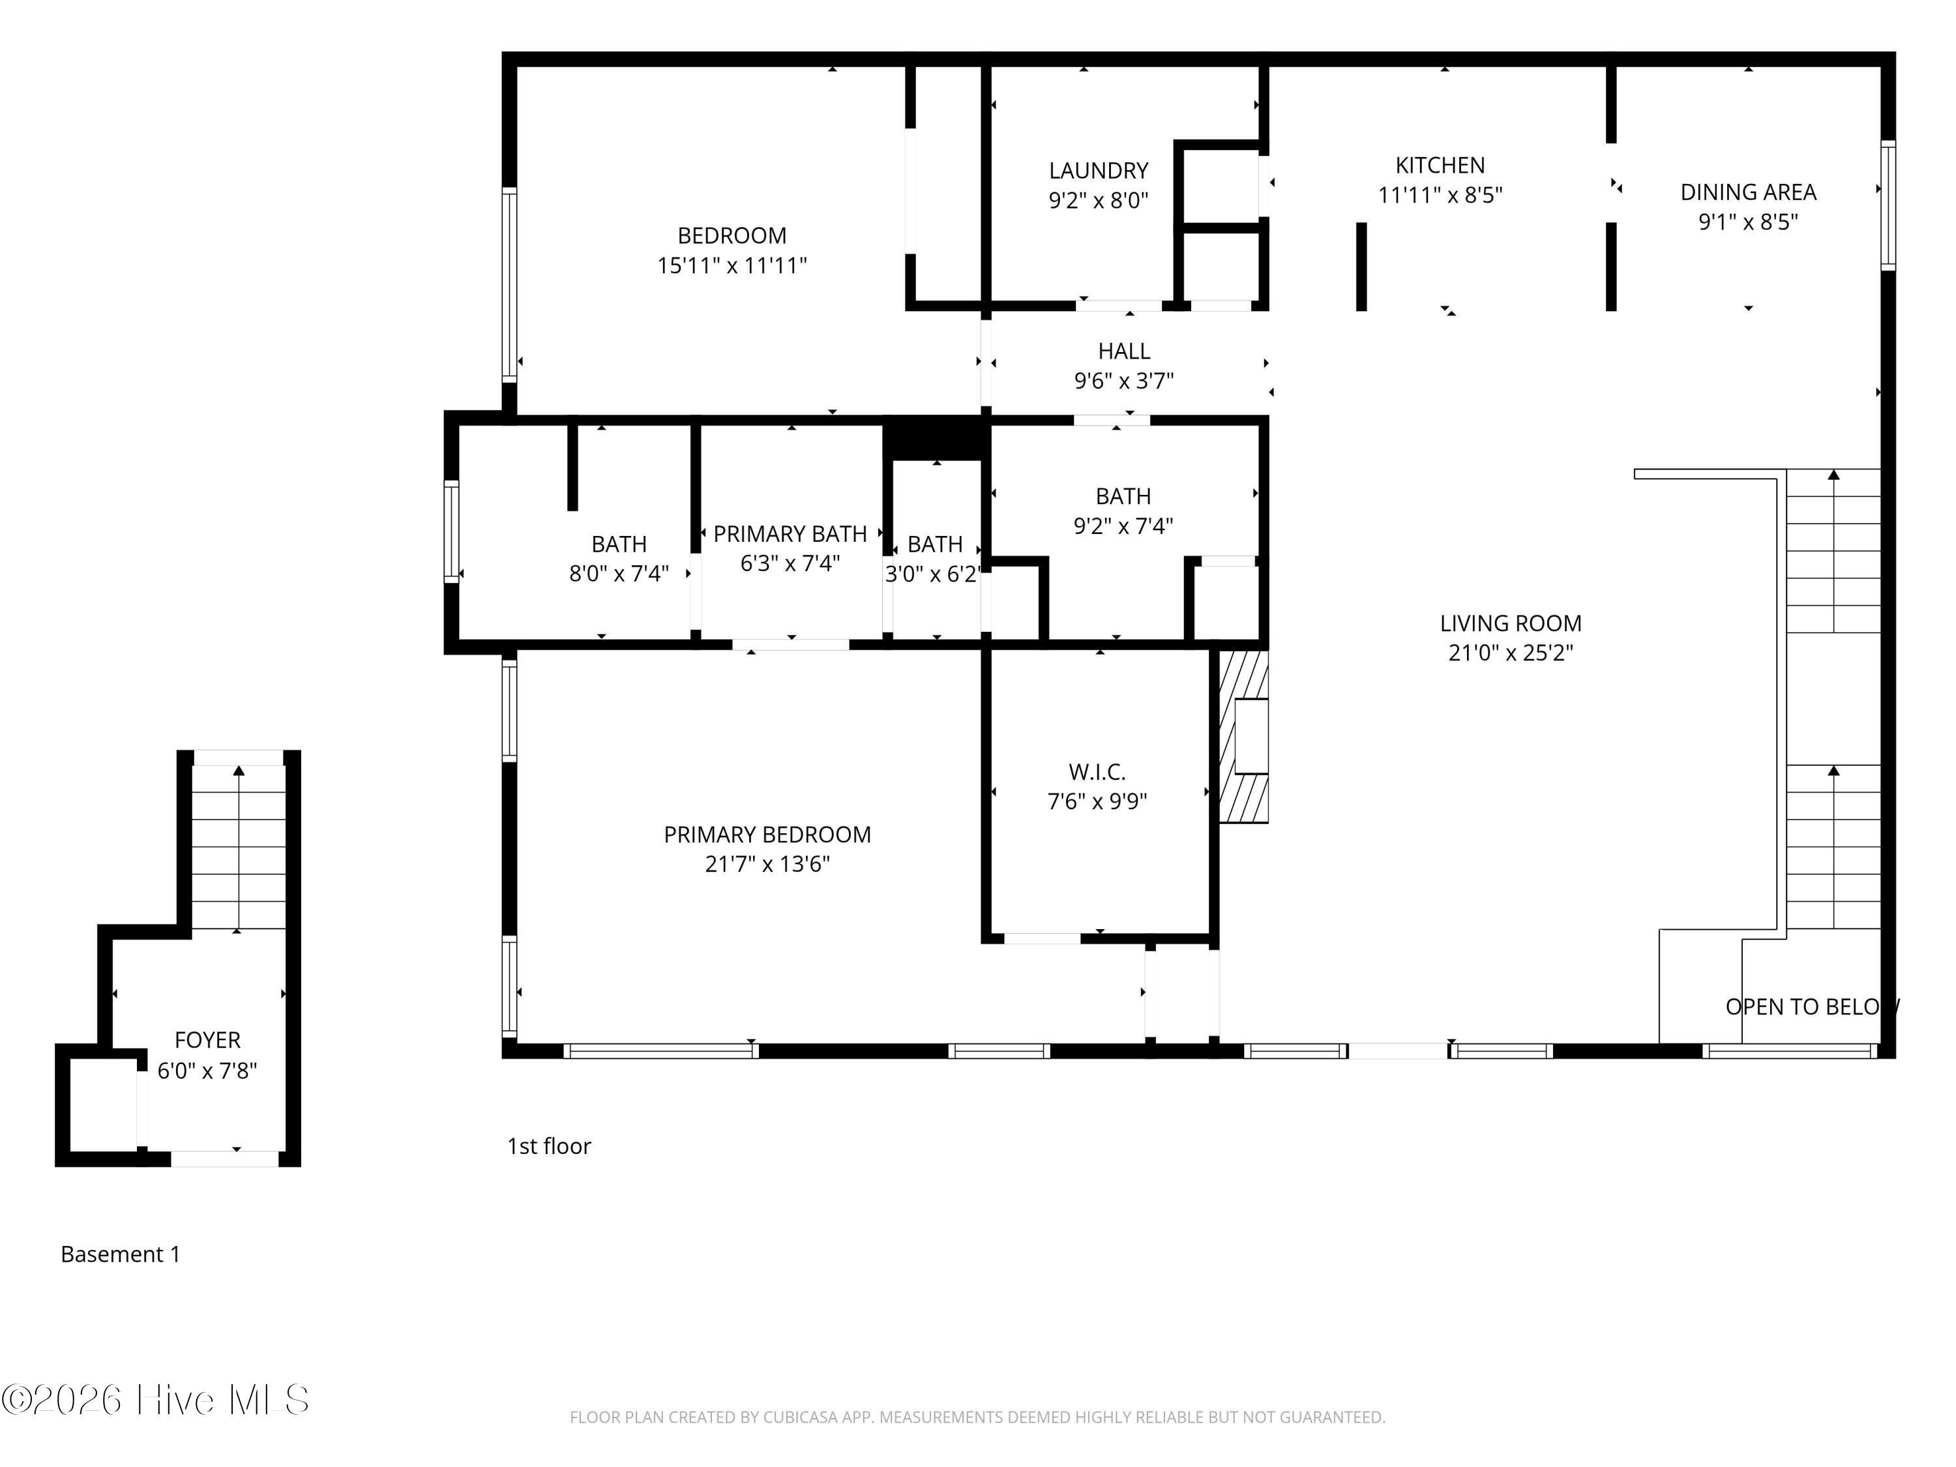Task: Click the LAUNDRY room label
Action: click(1098, 171)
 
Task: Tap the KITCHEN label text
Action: click(1440, 166)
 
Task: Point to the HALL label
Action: click(1124, 351)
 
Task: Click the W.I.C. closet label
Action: click(1097, 772)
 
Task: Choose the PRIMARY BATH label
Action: click(790, 534)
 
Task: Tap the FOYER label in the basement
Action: click(208, 1040)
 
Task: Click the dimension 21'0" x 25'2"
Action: click(1510, 653)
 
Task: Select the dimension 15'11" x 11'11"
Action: click(732, 265)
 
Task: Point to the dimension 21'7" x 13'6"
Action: click(767, 864)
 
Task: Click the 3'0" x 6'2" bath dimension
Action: click(934, 574)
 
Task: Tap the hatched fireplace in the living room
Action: click(1244, 737)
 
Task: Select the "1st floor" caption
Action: click(549, 1146)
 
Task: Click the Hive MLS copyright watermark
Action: click(156, 1400)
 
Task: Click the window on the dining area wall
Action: click(1888, 205)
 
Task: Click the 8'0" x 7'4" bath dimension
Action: click(619, 574)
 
